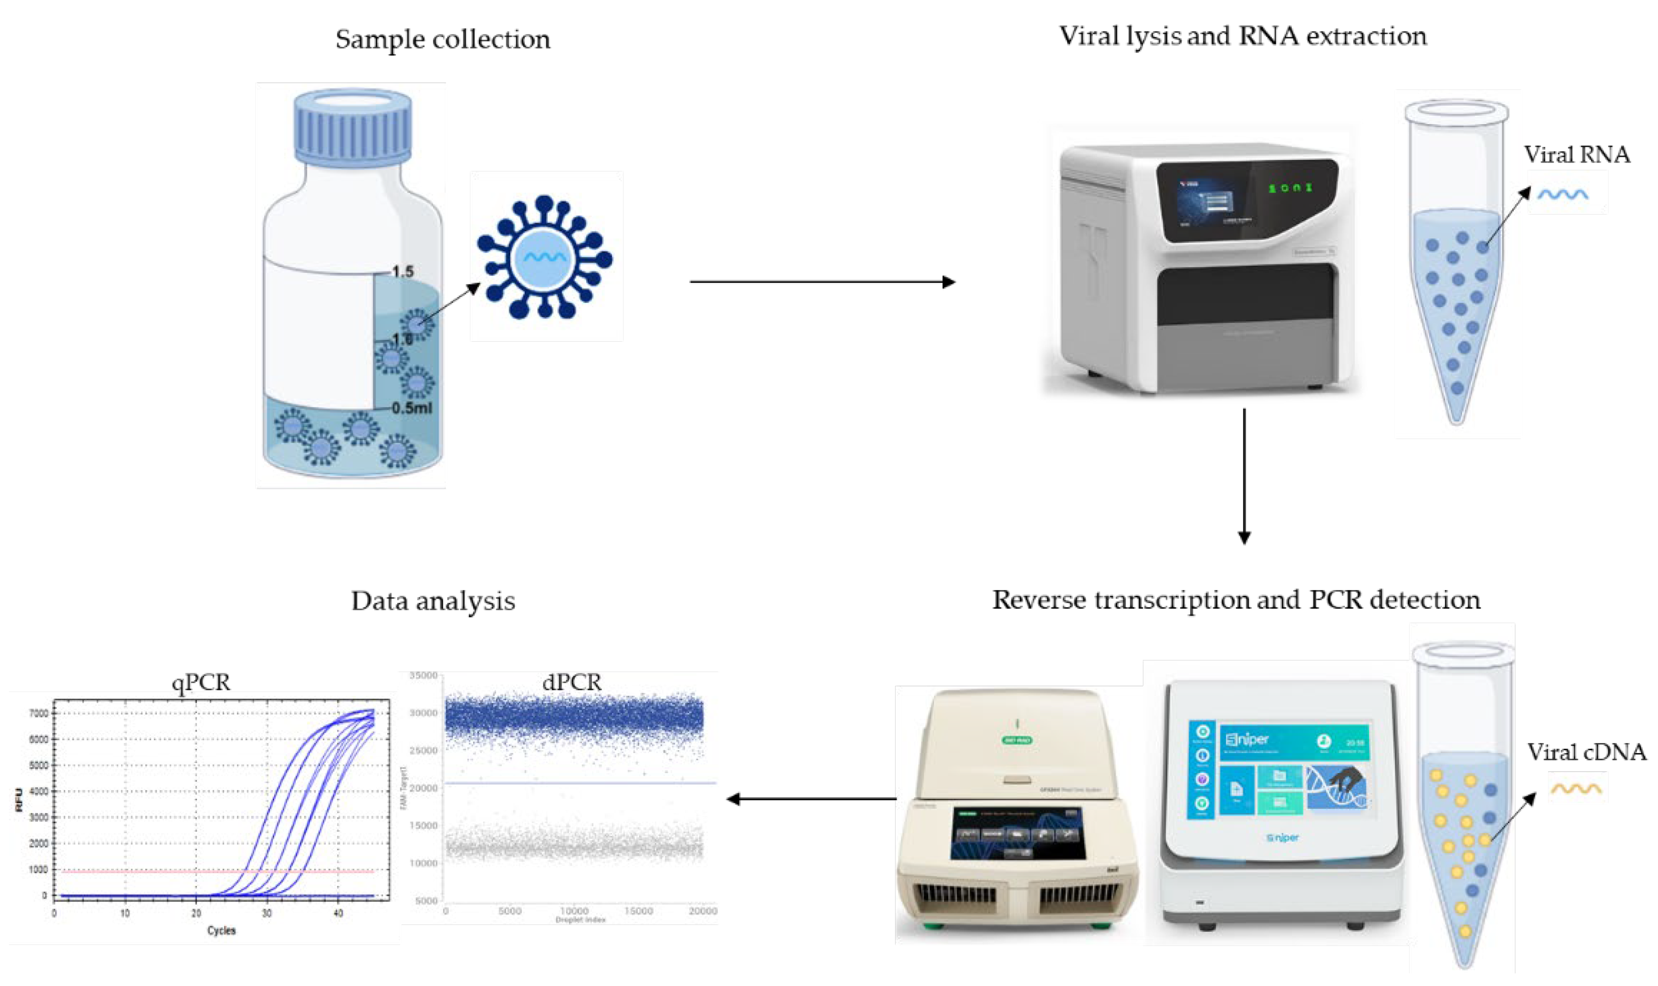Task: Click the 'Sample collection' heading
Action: coord(442,39)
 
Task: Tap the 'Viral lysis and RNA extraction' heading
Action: coord(1242,36)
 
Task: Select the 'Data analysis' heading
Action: coord(433,601)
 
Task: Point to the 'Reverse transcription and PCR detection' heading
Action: coord(1236,599)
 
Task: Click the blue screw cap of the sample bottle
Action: coord(353,126)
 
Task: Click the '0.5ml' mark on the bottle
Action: coord(411,408)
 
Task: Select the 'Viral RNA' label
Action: coord(1576,155)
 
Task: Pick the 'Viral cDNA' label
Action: coord(1585,751)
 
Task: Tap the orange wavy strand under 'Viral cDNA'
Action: coord(1575,789)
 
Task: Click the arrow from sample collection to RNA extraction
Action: coord(822,282)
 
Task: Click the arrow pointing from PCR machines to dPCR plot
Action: coord(811,799)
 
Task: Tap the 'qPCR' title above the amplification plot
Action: coord(201,683)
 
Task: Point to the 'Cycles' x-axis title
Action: coord(222,930)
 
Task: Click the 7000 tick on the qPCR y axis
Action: coord(38,714)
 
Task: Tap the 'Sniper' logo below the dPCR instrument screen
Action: coord(1282,838)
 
